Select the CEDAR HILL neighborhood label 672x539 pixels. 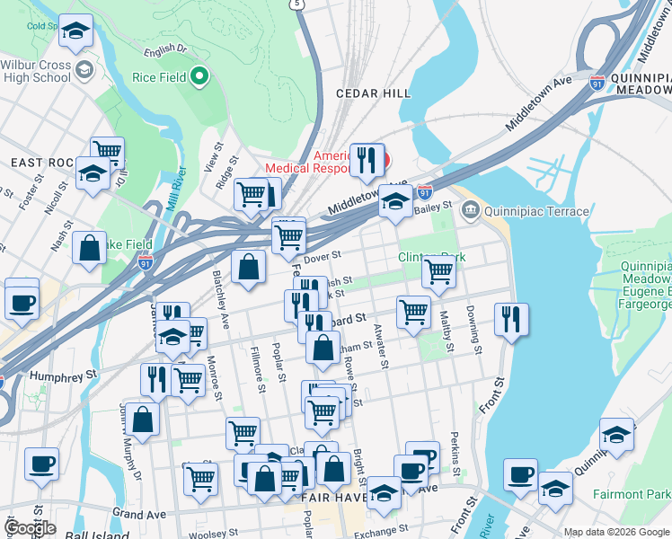tap(374, 93)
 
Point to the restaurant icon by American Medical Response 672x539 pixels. tap(367, 160)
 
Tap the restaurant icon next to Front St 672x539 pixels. tap(510, 319)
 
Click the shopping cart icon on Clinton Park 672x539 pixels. tap(438, 269)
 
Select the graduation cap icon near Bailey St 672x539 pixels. tap(394, 201)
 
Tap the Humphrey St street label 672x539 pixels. tap(63, 376)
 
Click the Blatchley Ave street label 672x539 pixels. tap(222, 281)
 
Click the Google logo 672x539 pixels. tap(30, 527)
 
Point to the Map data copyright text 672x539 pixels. tap(616, 532)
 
